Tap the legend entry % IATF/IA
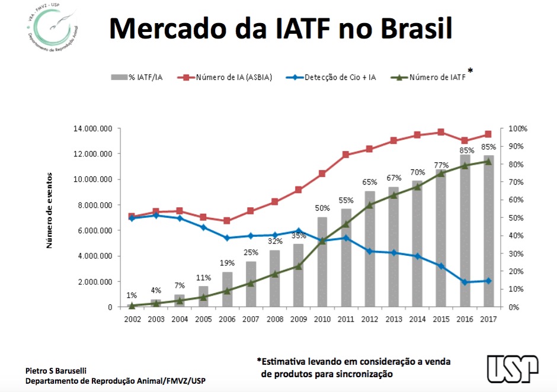point(139,77)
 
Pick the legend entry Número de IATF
point(437,77)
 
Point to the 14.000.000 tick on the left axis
point(92,128)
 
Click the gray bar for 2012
point(370,249)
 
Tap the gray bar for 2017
point(488,231)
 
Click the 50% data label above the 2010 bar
point(322,208)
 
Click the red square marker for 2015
point(440,132)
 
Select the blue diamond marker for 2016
point(465,282)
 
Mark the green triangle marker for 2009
point(299,266)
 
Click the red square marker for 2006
point(227,221)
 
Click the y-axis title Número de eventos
point(50,210)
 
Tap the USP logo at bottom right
point(513,369)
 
